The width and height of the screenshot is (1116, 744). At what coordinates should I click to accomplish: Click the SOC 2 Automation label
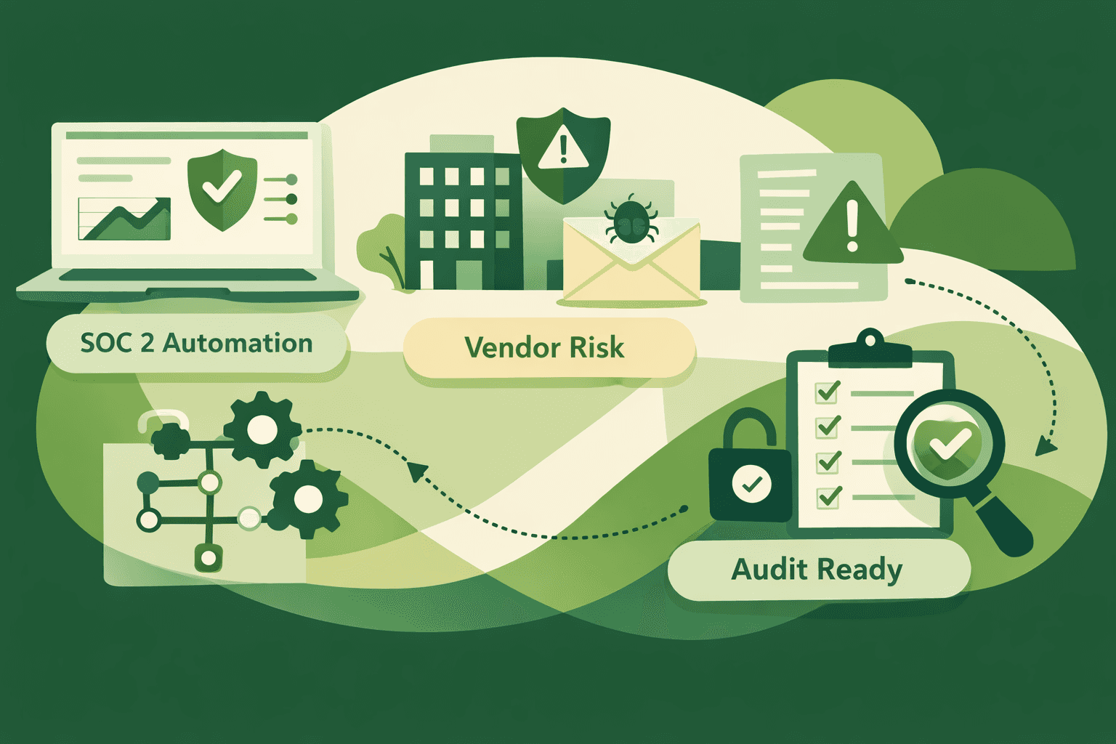[196, 343]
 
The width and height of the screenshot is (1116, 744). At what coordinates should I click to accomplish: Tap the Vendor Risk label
[545, 347]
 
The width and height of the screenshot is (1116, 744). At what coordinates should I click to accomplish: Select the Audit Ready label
[817, 570]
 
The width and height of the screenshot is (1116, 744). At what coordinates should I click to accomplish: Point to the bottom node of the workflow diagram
[209, 558]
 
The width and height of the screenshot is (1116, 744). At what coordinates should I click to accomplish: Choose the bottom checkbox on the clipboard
[828, 496]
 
